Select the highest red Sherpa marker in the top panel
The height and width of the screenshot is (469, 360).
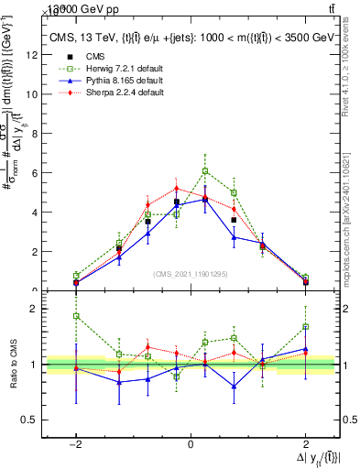177,189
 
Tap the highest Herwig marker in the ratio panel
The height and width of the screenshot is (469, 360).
76,316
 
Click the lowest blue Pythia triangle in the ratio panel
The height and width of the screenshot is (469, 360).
235,387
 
